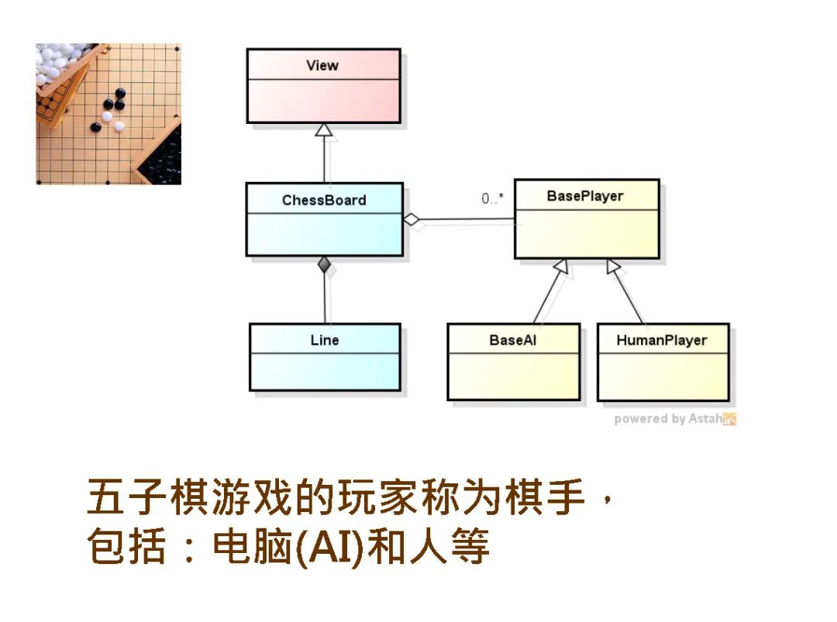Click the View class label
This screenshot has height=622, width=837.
tap(322, 65)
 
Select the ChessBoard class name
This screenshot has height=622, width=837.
tap(324, 200)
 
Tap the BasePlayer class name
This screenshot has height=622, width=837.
tap(585, 196)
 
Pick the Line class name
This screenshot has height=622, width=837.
tap(325, 340)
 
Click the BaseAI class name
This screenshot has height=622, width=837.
tap(512, 340)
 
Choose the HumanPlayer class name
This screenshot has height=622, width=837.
tap(662, 340)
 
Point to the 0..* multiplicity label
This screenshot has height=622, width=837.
tap(492, 199)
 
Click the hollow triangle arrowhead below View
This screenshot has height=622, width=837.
tap(324, 130)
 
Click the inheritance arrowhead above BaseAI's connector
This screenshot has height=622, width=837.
tap(562, 266)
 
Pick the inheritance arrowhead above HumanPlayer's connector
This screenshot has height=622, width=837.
tap(614, 266)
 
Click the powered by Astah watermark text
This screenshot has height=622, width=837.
tap(666, 419)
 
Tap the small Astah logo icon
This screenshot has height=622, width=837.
tap(729, 419)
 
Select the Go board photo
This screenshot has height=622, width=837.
tap(108, 114)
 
